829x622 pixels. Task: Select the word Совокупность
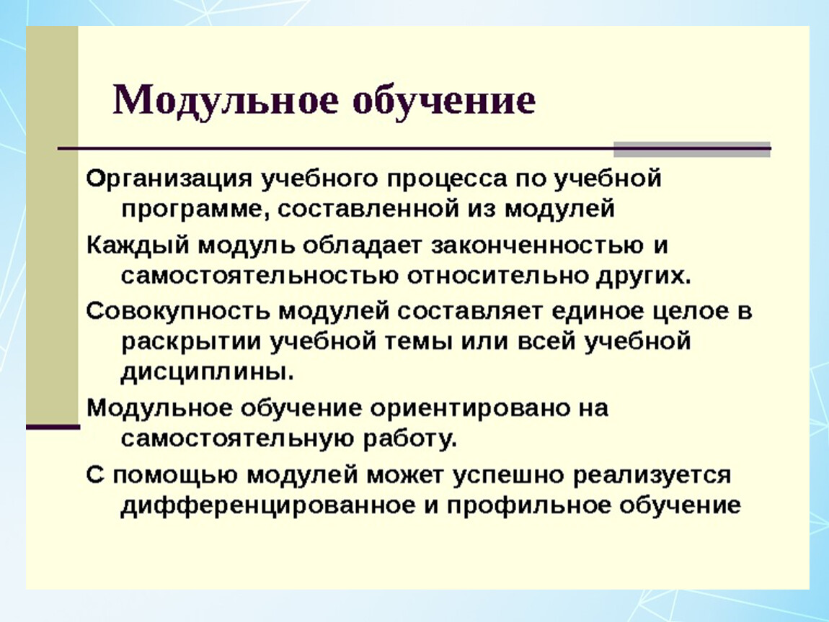(x=178, y=312)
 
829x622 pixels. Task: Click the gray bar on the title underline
(x=691, y=150)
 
